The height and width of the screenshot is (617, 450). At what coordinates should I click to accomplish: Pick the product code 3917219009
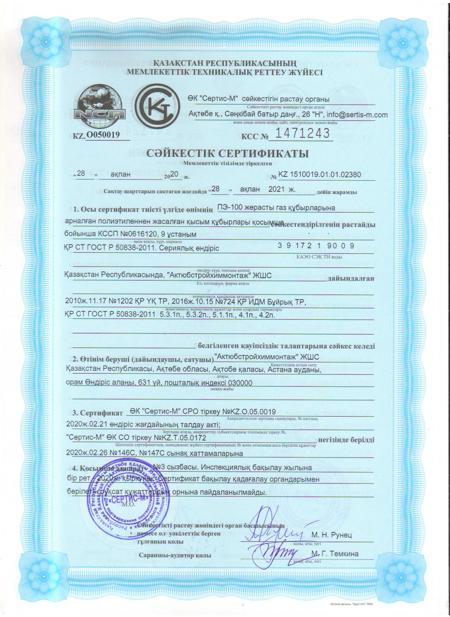[x=316, y=246]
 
